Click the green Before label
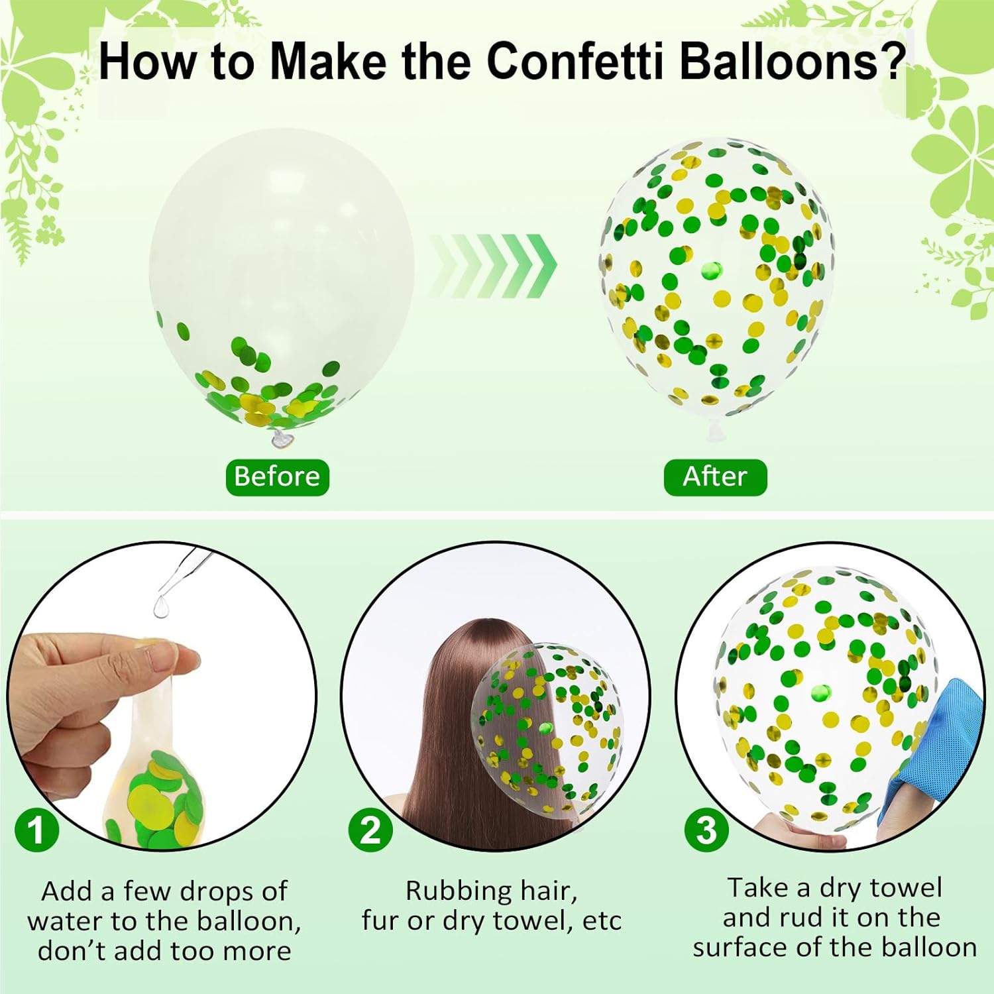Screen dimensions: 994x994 278,477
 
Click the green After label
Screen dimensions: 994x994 715,477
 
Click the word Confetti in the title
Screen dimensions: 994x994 575,61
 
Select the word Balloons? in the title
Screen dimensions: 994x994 793,61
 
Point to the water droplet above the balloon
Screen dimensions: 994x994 161,606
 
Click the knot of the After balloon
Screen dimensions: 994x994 714,429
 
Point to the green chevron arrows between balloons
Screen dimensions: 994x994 494,266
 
